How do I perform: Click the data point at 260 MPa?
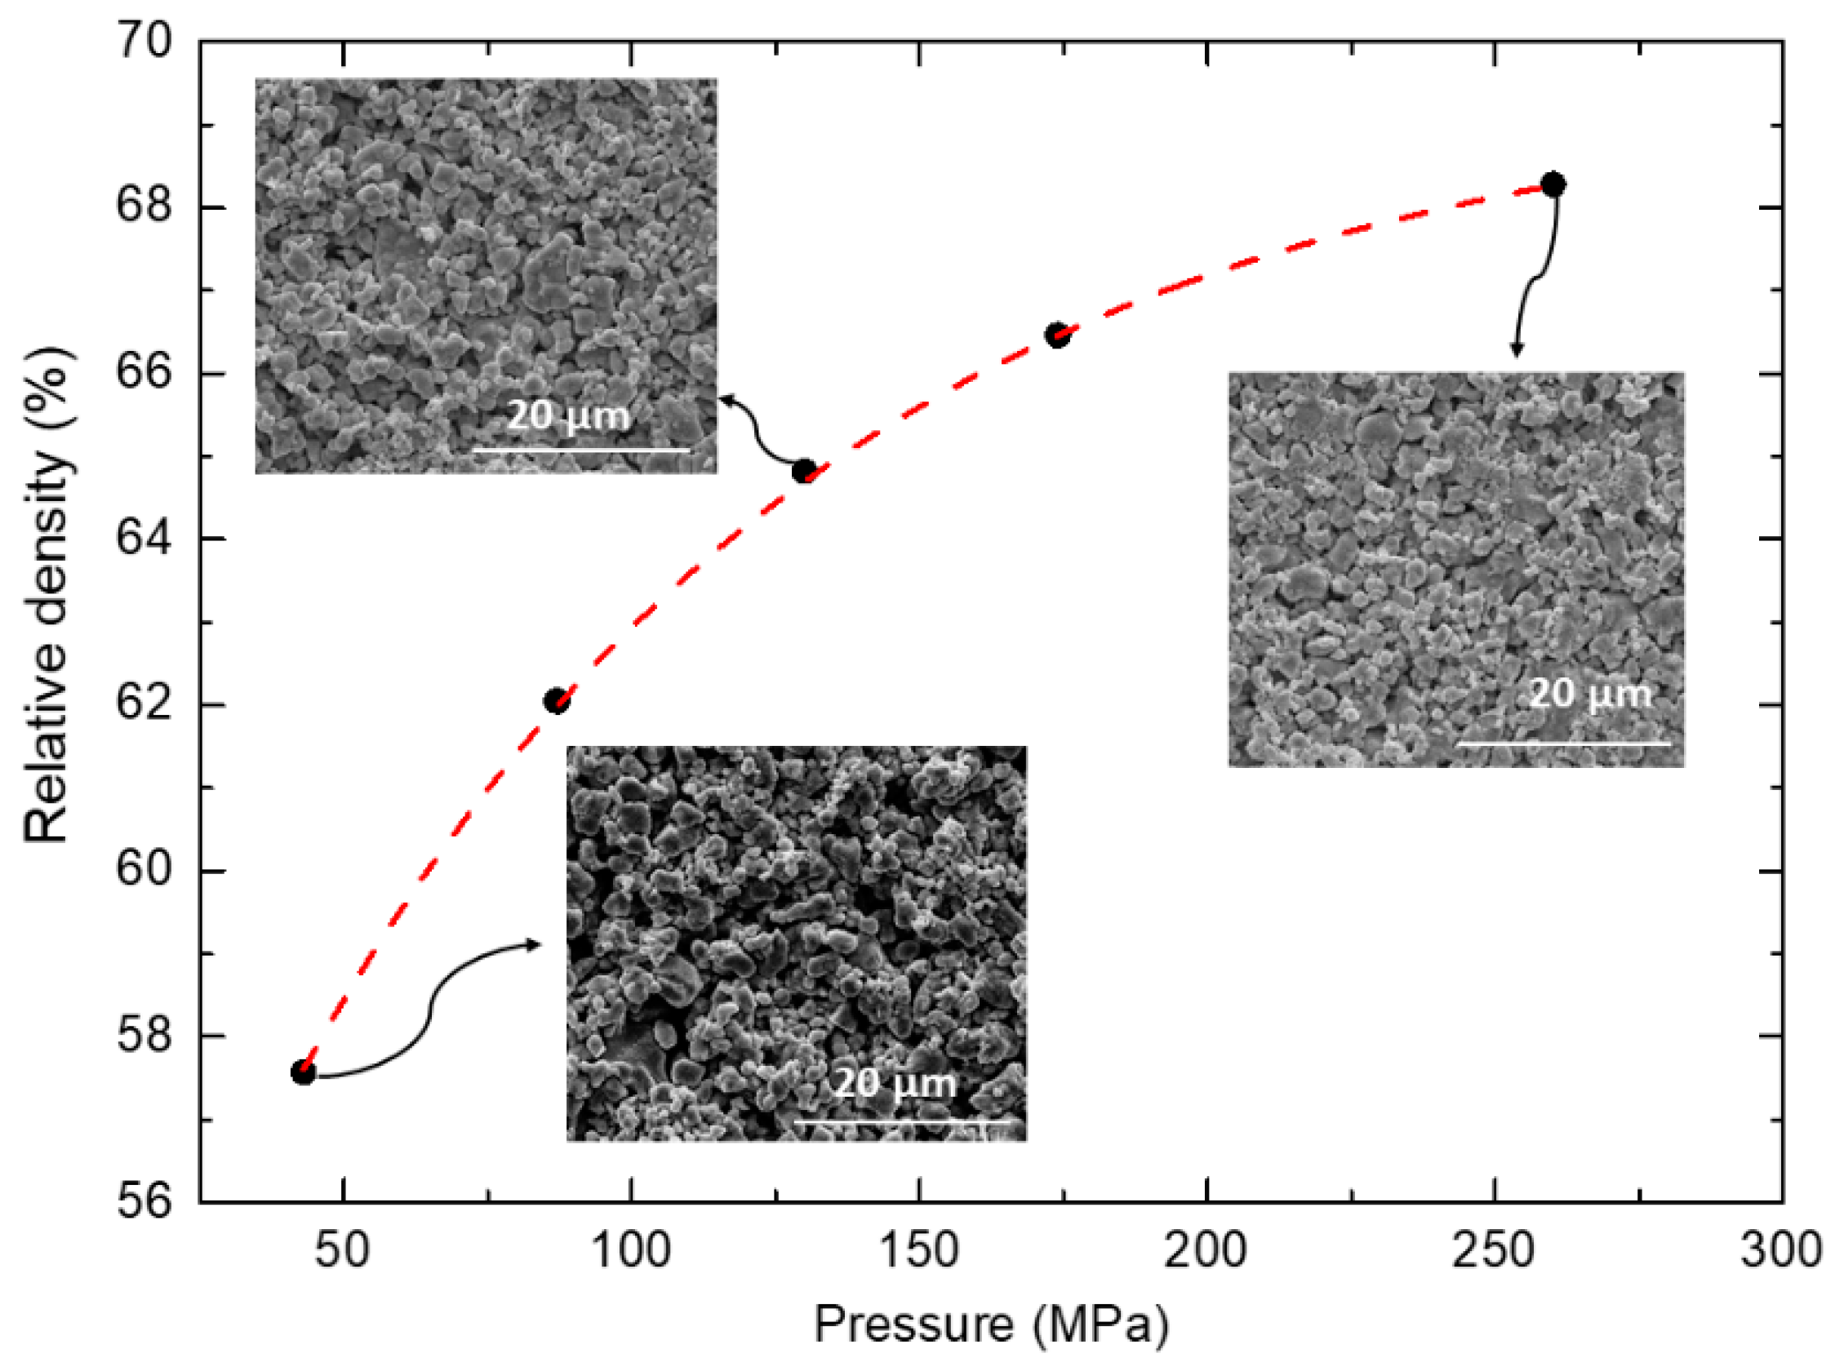point(1553,184)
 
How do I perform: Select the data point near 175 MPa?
point(1057,335)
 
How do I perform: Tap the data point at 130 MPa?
point(804,472)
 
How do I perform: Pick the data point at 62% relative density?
point(556,702)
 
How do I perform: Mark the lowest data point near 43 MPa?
point(303,1073)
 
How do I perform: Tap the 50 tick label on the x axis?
point(342,1250)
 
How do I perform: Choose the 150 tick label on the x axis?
point(919,1250)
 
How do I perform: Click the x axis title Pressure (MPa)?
point(991,1324)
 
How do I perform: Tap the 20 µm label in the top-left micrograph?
point(568,415)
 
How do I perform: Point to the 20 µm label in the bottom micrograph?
point(895,1083)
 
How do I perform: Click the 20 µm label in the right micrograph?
point(1590,694)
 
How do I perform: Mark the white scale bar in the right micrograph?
point(1562,744)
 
